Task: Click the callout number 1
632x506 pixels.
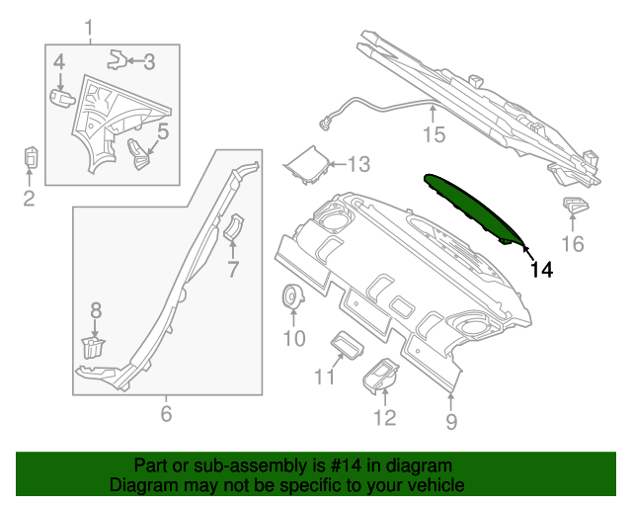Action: pyautogui.click(x=91, y=27)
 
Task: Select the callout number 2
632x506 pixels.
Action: pyautogui.click(x=29, y=200)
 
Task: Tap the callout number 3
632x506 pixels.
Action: pyautogui.click(x=149, y=61)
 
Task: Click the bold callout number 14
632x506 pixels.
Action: pyautogui.click(x=540, y=267)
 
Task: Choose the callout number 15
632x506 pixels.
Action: pyautogui.click(x=434, y=134)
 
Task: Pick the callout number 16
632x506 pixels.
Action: pyautogui.click(x=573, y=244)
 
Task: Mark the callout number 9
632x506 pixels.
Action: pyautogui.click(x=451, y=423)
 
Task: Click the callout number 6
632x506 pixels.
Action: pyautogui.click(x=166, y=413)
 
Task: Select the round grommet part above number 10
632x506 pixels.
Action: pyautogui.click(x=293, y=295)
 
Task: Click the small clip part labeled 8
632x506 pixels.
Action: pyautogui.click(x=93, y=347)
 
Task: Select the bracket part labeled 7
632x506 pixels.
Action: pyautogui.click(x=234, y=227)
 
